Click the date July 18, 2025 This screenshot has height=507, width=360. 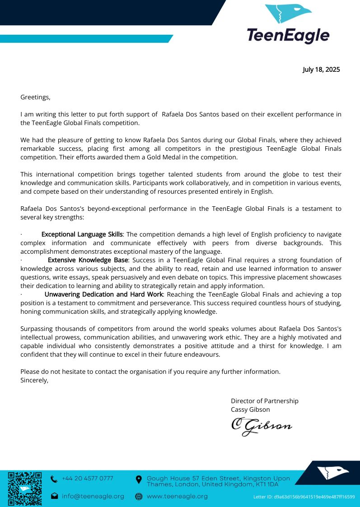click(x=321, y=70)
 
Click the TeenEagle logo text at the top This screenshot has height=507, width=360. click(x=288, y=35)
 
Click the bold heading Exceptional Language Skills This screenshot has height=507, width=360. click(x=82, y=234)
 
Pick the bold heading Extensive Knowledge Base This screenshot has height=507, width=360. click(x=88, y=260)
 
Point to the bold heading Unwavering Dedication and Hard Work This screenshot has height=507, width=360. click(x=103, y=294)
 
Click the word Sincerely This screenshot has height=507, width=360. click(x=34, y=380)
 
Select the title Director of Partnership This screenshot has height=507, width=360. click(x=264, y=401)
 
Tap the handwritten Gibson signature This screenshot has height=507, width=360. click(x=262, y=426)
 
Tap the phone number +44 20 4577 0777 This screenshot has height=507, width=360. click(x=88, y=479)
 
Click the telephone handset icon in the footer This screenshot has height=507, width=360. click(x=54, y=479)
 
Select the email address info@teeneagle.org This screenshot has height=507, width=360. click(x=93, y=496)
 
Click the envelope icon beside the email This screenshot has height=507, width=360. click(x=54, y=496)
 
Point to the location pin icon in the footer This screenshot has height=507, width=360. click(x=139, y=479)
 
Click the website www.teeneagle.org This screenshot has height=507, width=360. click(x=177, y=496)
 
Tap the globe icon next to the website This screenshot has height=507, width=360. click(x=139, y=496)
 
